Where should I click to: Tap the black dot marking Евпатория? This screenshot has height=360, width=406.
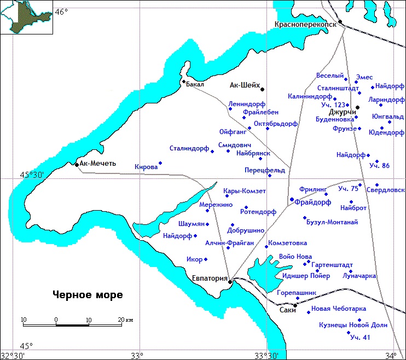pos(230,281)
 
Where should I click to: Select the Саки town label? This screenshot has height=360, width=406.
pos(287,310)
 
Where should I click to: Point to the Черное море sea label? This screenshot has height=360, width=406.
pos(88,295)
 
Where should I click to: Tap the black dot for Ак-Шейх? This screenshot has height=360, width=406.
pos(262,89)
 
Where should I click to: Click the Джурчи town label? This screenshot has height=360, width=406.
pos(340,112)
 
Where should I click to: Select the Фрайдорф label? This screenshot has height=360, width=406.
pos(312,202)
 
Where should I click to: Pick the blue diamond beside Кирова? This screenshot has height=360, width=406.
pos(160,162)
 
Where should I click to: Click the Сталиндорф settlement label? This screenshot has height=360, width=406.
pos(189,148)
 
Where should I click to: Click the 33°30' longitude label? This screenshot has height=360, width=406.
pos(268,356)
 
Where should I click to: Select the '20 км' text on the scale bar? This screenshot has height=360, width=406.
pos(124,320)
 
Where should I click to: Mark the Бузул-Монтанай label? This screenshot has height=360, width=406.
pos(332,222)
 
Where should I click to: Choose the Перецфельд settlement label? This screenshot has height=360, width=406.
pos(265,170)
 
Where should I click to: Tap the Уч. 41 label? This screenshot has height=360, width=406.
pos(360,337)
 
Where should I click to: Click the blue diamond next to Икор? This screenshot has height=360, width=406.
pos(206,259)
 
